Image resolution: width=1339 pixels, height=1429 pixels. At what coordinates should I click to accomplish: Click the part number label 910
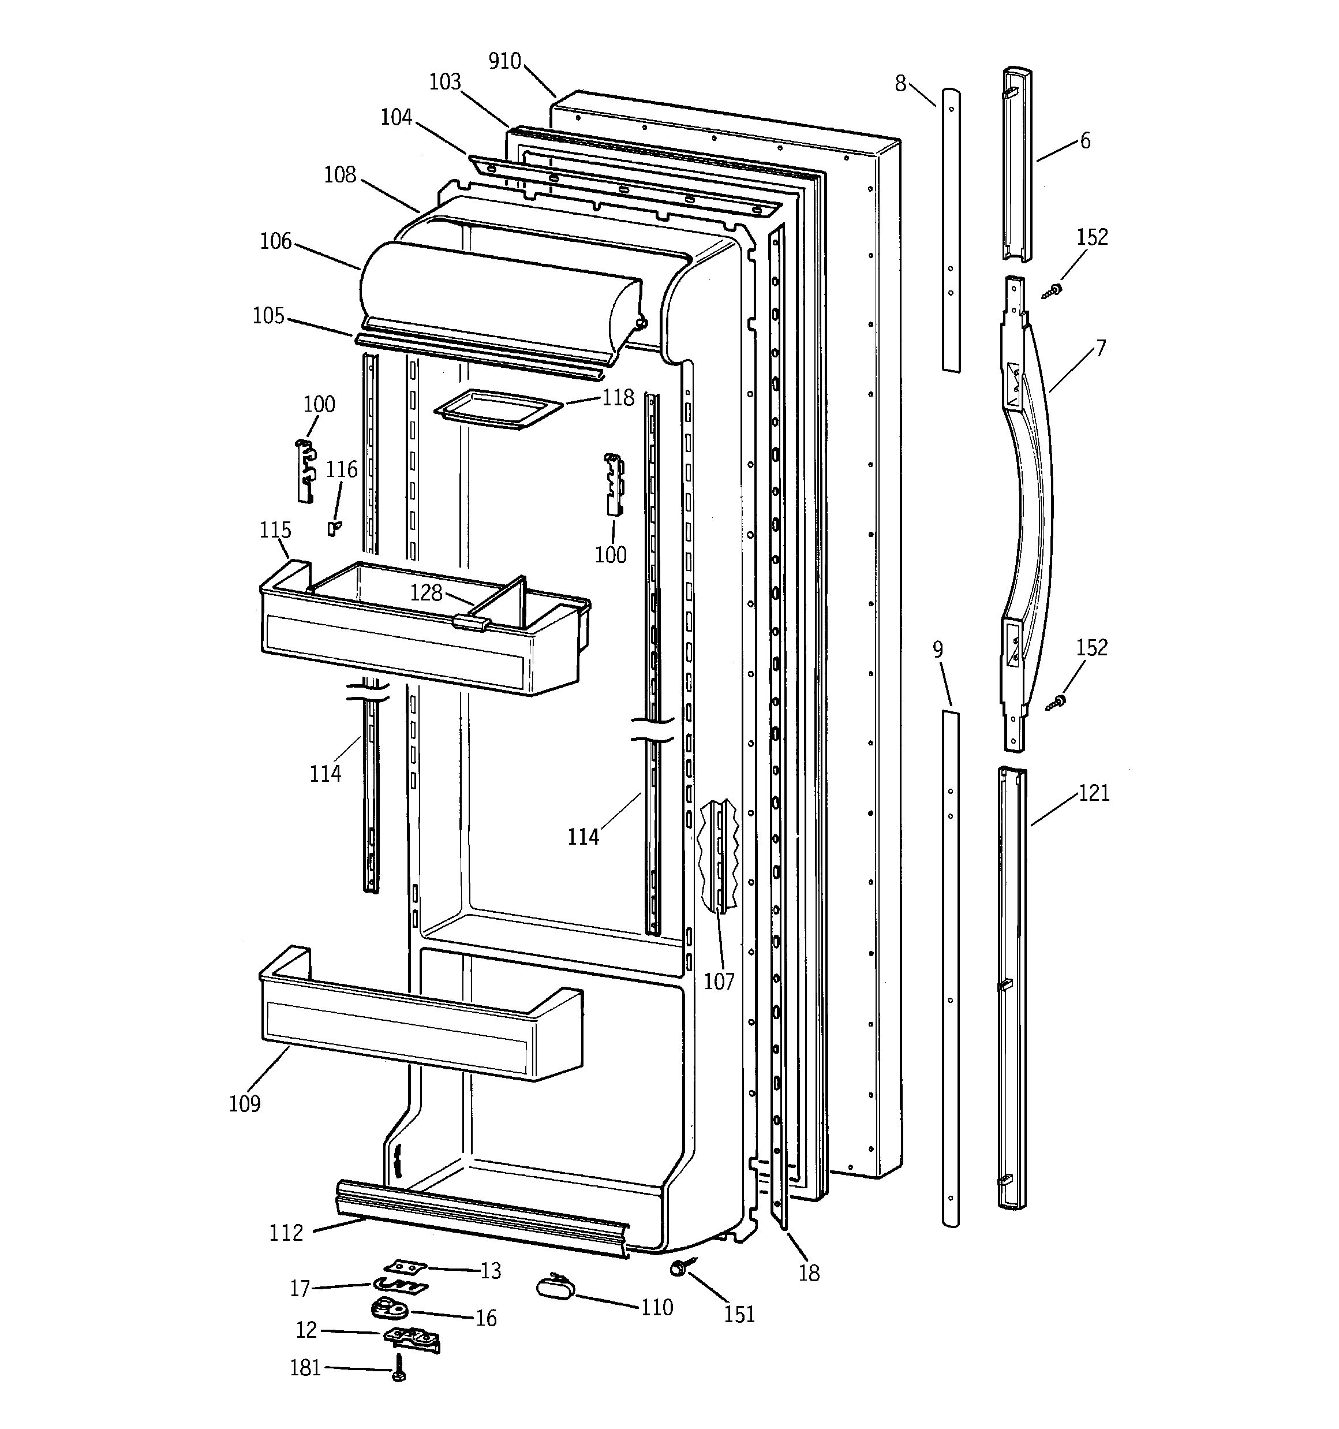[x=504, y=62]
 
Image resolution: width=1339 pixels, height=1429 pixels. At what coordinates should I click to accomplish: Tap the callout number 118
[x=618, y=397]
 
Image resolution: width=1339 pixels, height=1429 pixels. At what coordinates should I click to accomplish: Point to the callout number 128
[x=425, y=592]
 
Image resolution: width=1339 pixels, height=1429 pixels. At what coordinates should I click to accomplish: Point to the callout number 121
[x=1094, y=793]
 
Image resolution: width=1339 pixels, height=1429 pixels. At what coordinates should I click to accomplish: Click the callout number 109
[x=244, y=1103]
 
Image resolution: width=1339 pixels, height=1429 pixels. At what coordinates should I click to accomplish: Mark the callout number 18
[x=809, y=1274]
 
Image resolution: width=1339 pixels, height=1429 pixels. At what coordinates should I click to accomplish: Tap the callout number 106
[x=276, y=241]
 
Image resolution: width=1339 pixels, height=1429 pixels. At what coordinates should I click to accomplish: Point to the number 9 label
[x=937, y=650]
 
